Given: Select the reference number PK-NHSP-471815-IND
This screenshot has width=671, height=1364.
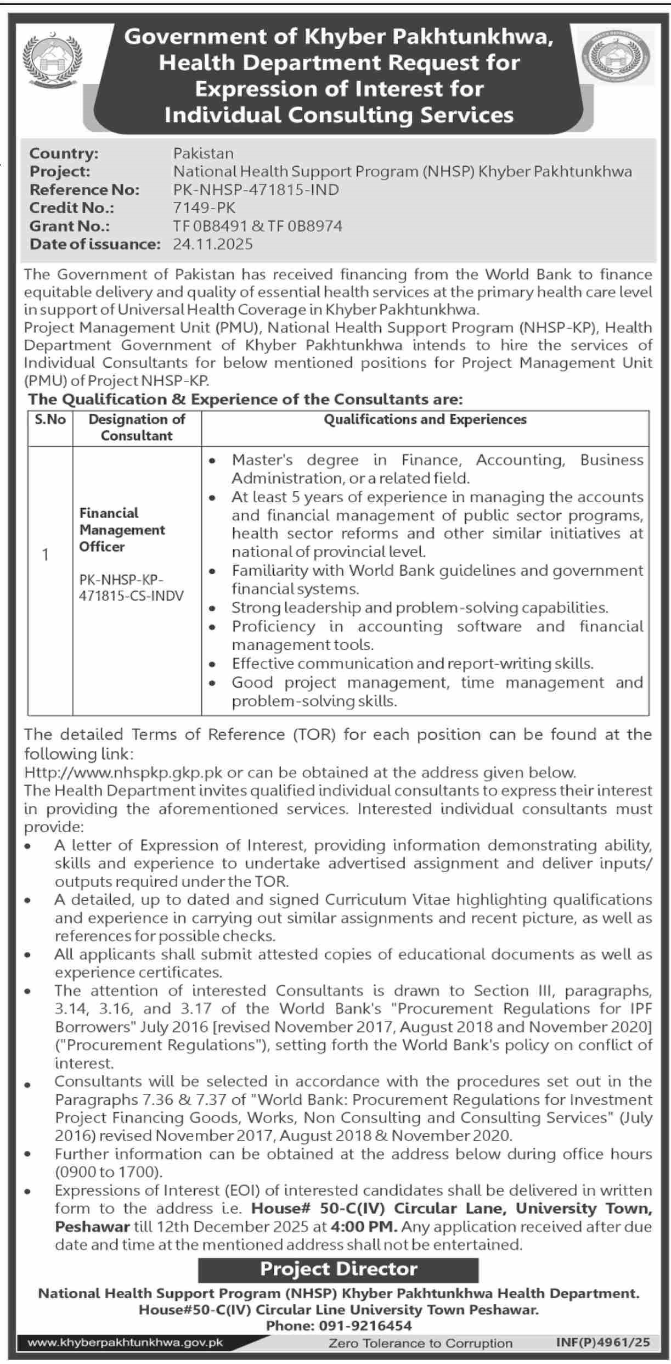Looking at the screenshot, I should (256, 190).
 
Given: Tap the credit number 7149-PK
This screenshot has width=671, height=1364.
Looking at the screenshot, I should (204, 208).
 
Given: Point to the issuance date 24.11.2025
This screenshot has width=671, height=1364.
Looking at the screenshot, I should (213, 244).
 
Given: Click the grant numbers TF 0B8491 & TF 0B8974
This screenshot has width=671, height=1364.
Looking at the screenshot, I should (257, 226).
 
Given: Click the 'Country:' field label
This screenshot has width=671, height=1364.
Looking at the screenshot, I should (64, 153).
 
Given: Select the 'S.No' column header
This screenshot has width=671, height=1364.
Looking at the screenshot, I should (50, 420).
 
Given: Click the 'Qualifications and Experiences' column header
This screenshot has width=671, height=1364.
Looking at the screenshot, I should (425, 420).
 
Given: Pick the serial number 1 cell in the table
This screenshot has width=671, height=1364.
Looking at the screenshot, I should (46, 555).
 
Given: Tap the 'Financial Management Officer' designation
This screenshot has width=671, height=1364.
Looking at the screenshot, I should (122, 530).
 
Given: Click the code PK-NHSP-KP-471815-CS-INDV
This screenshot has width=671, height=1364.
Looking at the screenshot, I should (132, 587).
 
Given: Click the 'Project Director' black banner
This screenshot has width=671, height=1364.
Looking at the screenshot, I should (338, 1269).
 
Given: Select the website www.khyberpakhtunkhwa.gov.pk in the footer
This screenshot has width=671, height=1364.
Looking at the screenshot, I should (125, 1343).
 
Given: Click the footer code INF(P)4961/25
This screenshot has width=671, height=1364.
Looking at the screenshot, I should (602, 1343).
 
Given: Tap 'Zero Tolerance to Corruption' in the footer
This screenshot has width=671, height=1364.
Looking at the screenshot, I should (420, 1343).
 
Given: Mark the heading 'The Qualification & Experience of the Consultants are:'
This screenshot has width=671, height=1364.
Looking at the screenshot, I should (246, 399).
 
